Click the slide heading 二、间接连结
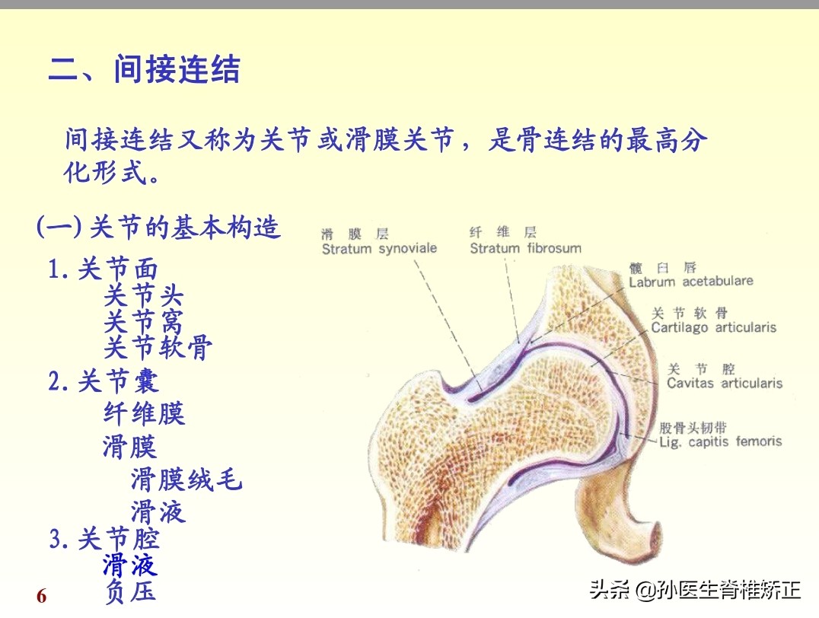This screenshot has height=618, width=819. (x=145, y=70)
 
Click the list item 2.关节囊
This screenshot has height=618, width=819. (x=104, y=381)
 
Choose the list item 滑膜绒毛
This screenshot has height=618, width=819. (x=186, y=479)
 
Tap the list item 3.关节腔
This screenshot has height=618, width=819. (x=104, y=540)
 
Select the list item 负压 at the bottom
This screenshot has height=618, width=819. (x=130, y=591)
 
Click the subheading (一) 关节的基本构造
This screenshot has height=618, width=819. (x=159, y=227)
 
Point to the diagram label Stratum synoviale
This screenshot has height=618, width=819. (x=379, y=249)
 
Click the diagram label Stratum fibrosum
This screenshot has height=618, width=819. (x=525, y=248)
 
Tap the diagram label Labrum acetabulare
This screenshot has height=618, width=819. (x=690, y=282)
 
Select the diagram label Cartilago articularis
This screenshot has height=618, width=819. (x=713, y=327)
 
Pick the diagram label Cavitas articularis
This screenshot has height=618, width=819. (x=724, y=384)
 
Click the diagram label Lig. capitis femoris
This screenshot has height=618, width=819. (x=719, y=441)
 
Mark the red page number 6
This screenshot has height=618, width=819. (x=42, y=596)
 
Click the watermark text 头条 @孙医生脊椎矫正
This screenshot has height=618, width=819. (x=695, y=590)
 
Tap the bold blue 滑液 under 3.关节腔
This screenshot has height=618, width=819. (x=130, y=565)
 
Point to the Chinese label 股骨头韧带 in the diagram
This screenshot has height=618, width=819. (x=693, y=427)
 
